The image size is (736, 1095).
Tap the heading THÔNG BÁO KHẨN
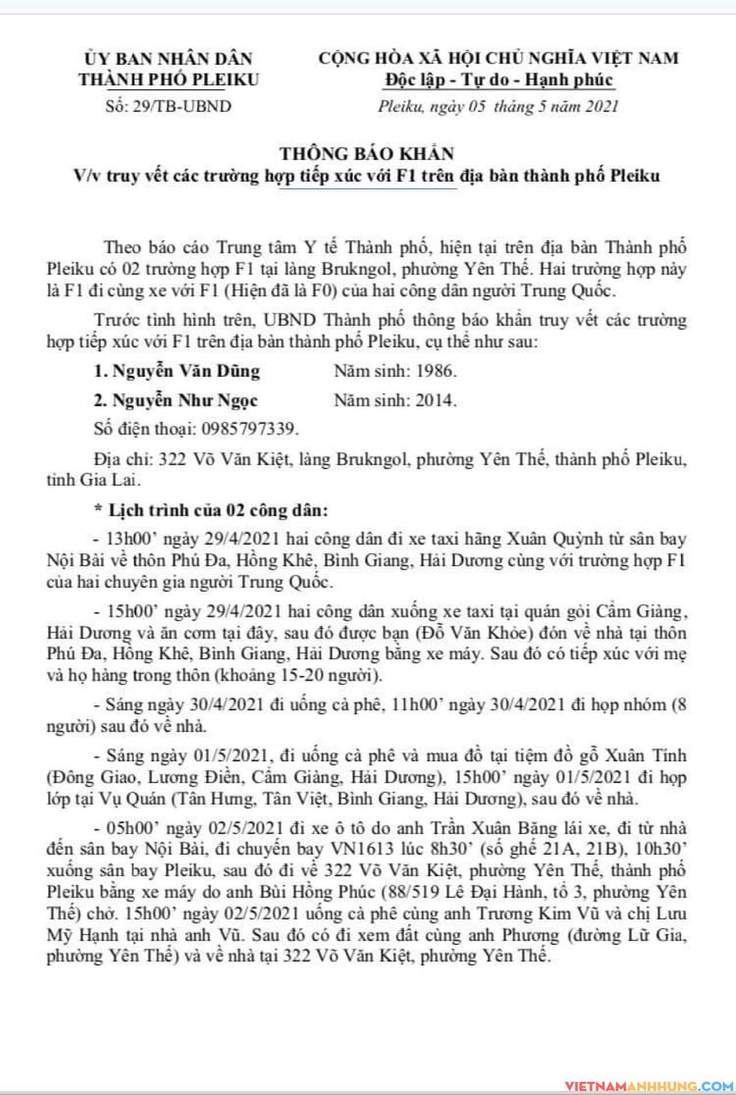pos(367,153)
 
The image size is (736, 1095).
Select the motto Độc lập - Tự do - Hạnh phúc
pos(499,80)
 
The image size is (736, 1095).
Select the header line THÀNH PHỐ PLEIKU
pos(169,79)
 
